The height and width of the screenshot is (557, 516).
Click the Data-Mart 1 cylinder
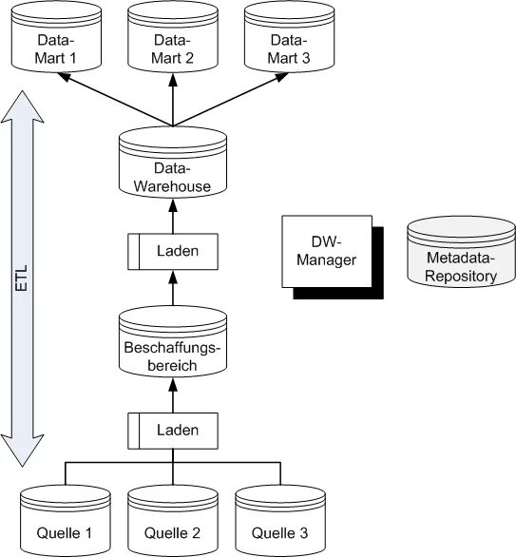click(x=56, y=36)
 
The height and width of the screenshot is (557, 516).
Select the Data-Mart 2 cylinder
click(x=173, y=36)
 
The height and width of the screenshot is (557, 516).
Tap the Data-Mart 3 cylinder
click(x=290, y=36)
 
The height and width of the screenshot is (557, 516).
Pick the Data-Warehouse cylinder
click(x=173, y=162)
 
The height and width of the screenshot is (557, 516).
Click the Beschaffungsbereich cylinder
click(x=173, y=341)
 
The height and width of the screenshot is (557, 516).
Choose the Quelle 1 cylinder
click(x=66, y=521)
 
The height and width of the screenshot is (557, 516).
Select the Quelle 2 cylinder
click(x=173, y=521)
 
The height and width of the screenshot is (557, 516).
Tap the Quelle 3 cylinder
click(x=280, y=521)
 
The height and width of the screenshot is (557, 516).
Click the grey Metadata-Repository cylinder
click(x=461, y=252)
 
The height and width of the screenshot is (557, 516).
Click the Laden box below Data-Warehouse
click(x=173, y=252)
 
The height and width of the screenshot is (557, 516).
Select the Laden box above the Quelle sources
click(x=173, y=431)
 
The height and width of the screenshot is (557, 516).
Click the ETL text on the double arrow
click(x=22, y=278)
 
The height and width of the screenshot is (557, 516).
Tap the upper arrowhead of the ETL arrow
click(x=23, y=106)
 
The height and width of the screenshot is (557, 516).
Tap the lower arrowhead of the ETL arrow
click(x=23, y=451)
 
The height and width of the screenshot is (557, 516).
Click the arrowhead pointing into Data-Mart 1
click(x=64, y=76)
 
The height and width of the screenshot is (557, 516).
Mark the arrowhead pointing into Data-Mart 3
click(x=282, y=76)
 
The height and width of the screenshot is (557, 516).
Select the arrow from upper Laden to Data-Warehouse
click(x=173, y=216)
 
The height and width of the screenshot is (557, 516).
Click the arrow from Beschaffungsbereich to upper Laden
click(x=173, y=288)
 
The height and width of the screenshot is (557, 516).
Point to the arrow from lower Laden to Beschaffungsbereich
click(x=173, y=395)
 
